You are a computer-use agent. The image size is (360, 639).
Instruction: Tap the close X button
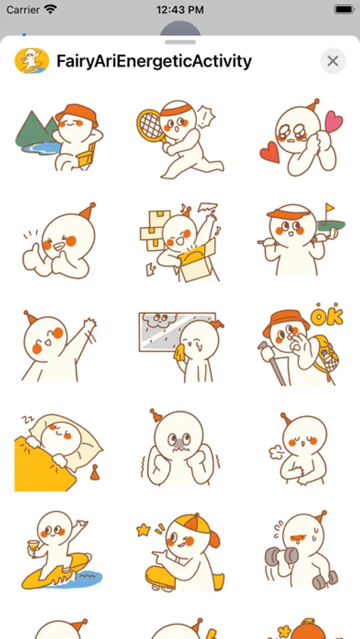tap(333, 61)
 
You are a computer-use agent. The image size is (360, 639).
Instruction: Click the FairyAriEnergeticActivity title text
tap(154, 61)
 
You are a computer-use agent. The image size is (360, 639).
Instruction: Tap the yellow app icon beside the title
tap(32, 61)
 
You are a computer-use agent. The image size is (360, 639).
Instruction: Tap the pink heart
tap(334, 121)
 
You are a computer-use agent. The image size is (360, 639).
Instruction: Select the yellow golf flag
tap(329, 209)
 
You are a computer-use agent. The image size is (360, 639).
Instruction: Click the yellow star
tap(143, 530)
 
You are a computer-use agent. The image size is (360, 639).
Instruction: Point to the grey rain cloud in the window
tap(160, 320)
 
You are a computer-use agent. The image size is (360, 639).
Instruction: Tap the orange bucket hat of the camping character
tap(77, 114)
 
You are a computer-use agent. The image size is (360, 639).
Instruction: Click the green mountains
tap(37, 128)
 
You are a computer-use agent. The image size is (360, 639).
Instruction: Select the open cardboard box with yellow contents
tap(197, 261)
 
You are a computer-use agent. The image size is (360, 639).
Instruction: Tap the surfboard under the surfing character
tap(56, 571)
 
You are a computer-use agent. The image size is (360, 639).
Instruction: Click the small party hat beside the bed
tap(94, 472)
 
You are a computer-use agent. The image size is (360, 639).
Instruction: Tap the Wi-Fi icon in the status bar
tap(50, 9)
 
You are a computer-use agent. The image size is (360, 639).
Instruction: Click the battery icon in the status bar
tap(344, 9)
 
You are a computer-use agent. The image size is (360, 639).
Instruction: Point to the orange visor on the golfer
tap(288, 214)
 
